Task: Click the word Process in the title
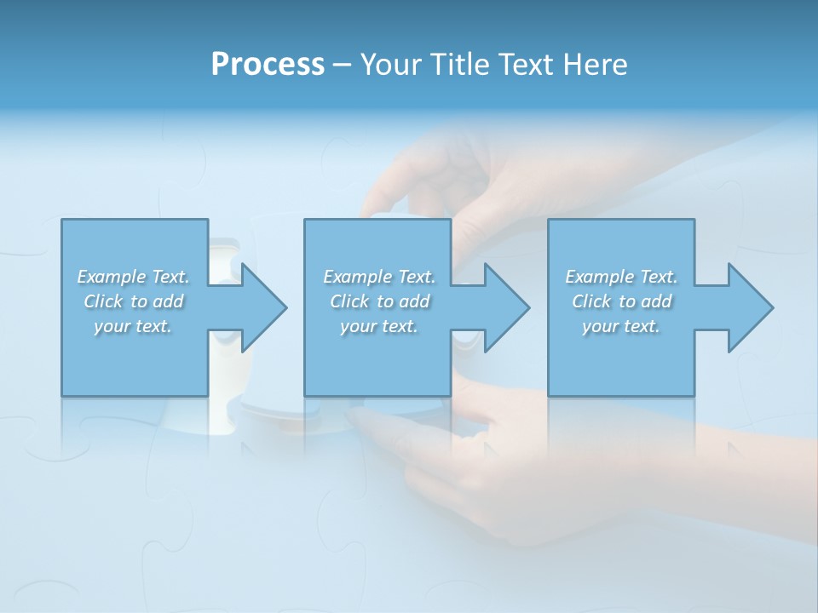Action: point(268,65)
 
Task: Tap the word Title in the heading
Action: point(460,65)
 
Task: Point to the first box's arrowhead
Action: point(264,307)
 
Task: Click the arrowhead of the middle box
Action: point(507,307)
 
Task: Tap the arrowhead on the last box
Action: point(751,307)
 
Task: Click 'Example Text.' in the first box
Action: point(133,277)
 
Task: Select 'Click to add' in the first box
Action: point(134,301)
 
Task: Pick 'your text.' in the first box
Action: point(133,326)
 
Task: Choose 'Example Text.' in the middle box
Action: point(379,277)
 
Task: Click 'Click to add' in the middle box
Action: point(379,301)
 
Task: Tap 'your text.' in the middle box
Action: point(378,326)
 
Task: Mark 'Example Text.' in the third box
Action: point(621,277)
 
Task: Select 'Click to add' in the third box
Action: point(621,301)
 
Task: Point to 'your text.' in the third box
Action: point(620,326)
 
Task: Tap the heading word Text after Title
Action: point(525,65)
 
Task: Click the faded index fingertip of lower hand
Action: point(358,417)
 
